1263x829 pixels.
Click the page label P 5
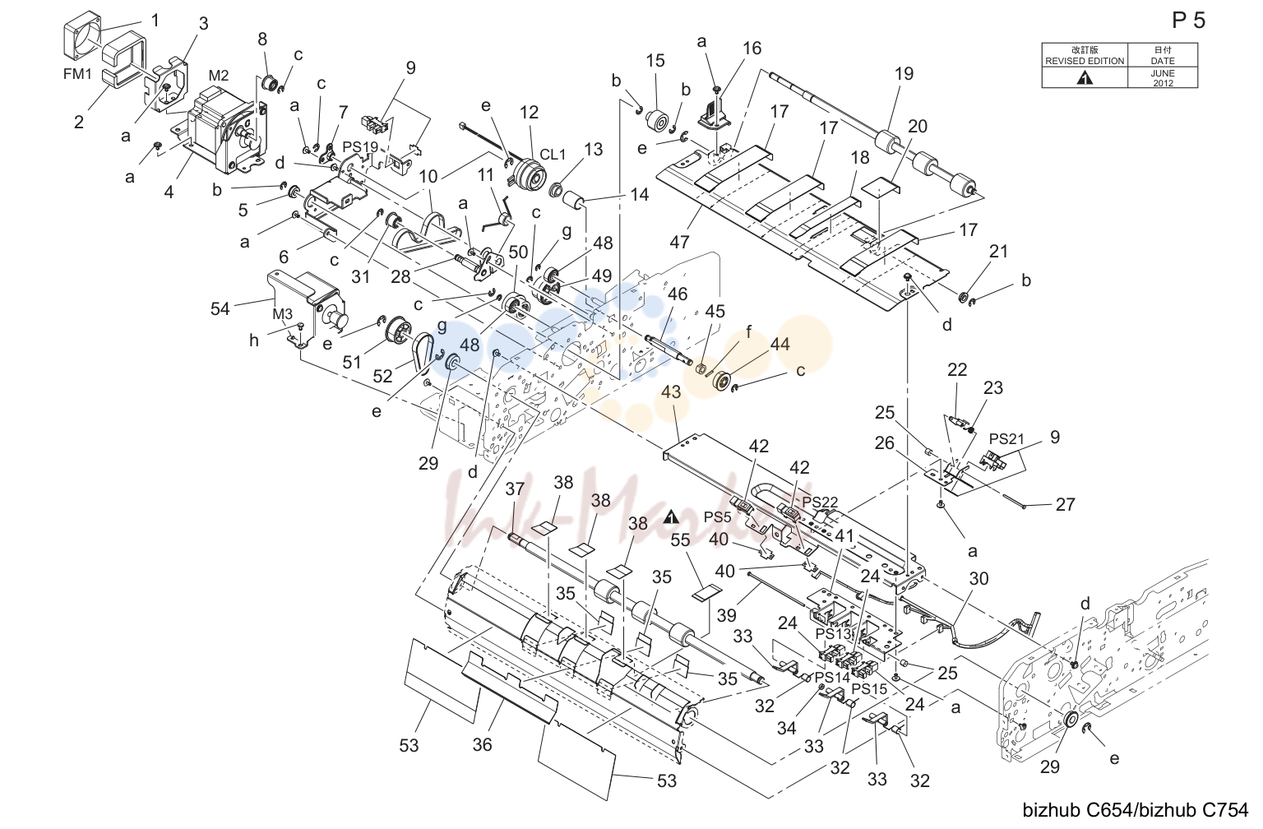point(1188,21)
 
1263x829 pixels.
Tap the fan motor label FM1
point(77,74)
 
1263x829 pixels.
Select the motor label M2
point(219,75)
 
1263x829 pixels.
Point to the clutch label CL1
point(553,155)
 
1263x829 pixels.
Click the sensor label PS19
point(360,147)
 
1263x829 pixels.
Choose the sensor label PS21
point(1006,438)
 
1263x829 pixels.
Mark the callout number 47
point(679,242)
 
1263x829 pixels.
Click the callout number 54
point(220,309)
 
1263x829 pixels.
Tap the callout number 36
point(482,745)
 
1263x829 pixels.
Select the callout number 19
point(904,74)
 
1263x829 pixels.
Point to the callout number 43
point(671,392)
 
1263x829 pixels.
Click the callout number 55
point(680,540)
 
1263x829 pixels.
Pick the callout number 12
point(529,113)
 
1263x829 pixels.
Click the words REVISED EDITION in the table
point(1085,61)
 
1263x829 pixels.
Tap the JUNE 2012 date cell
point(1163,78)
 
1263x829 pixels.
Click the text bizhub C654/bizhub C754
point(1135,810)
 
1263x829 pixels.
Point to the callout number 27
point(1065,504)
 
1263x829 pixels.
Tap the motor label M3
point(283,314)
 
